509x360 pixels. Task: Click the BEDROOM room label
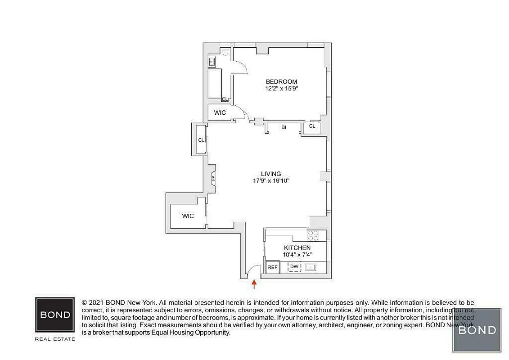pyautogui.click(x=281, y=81)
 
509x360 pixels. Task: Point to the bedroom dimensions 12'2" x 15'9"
pyautogui.click(x=281, y=89)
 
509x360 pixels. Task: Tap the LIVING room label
pyautogui.click(x=271, y=174)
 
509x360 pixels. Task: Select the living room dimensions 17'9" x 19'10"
pyautogui.click(x=271, y=181)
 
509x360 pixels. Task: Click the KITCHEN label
pyautogui.click(x=297, y=248)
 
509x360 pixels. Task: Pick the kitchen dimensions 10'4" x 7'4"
pyautogui.click(x=297, y=255)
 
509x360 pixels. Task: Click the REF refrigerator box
pyautogui.click(x=272, y=267)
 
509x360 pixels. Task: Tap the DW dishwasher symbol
pyautogui.click(x=294, y=267)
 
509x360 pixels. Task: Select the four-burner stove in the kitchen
pyautogui.click(x=313, y=236)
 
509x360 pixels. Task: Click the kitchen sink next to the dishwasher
pyautogui.click(x=311, y=267)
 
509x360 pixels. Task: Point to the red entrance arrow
pyautogui.click(x=254, y=284)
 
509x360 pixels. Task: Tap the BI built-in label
pyautogui.click(x=284, y=127)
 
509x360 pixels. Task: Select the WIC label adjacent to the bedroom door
pyautogui.click(x=220, y=112)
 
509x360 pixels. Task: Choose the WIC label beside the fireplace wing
pyautogui.click(x=188, y=216)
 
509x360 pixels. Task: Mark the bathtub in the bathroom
pyautogui.click(x=215, y=84)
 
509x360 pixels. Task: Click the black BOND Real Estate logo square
pyautogui.click(x=55, y=315)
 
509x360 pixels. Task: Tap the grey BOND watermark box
pyautogui.click(x=477, y=330)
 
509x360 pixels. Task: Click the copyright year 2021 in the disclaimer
pyautogui.click(x=95, y=303)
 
